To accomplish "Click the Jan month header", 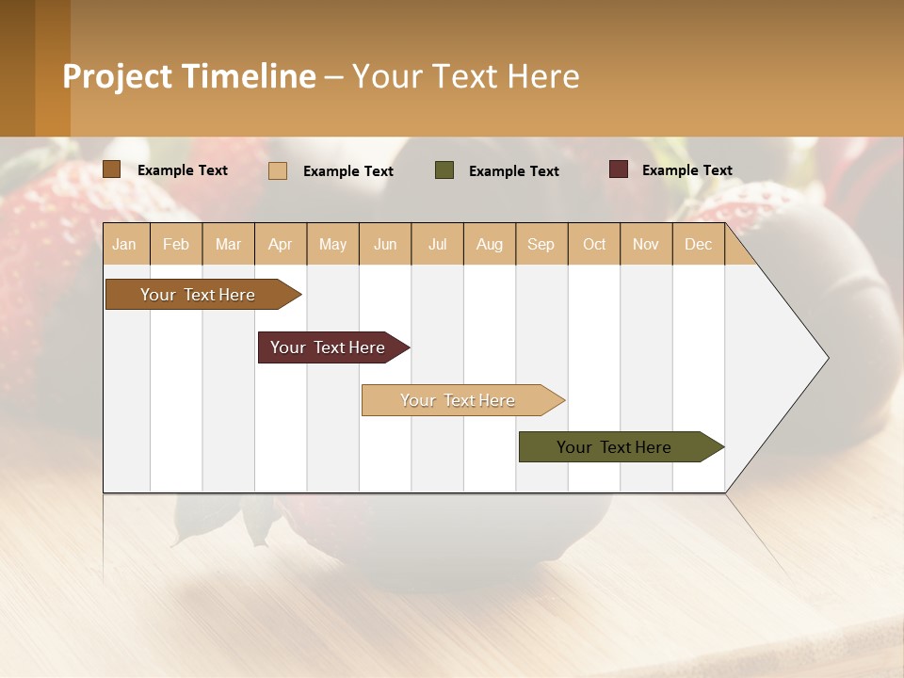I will [x=124, y=244].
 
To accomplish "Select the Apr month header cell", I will [x=281, y=244].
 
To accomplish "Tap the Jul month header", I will [x=437, y=244].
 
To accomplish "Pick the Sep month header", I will [x=541, y=244].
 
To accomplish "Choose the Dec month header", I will [x=698, y=244].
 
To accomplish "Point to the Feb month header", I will [x=176, y=244].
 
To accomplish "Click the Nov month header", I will [x=646, y=244].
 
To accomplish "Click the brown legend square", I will [x=111, y=169].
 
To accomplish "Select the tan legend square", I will [x=278, y=170].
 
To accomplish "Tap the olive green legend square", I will [x=444, y=170].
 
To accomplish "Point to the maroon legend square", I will [x=619, y=169].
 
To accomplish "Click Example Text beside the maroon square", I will [x=686, y=170].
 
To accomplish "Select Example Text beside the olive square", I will [x=513, y=171].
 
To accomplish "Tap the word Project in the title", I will [x=118, y=76].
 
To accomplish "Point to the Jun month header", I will [x=385, y=244].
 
